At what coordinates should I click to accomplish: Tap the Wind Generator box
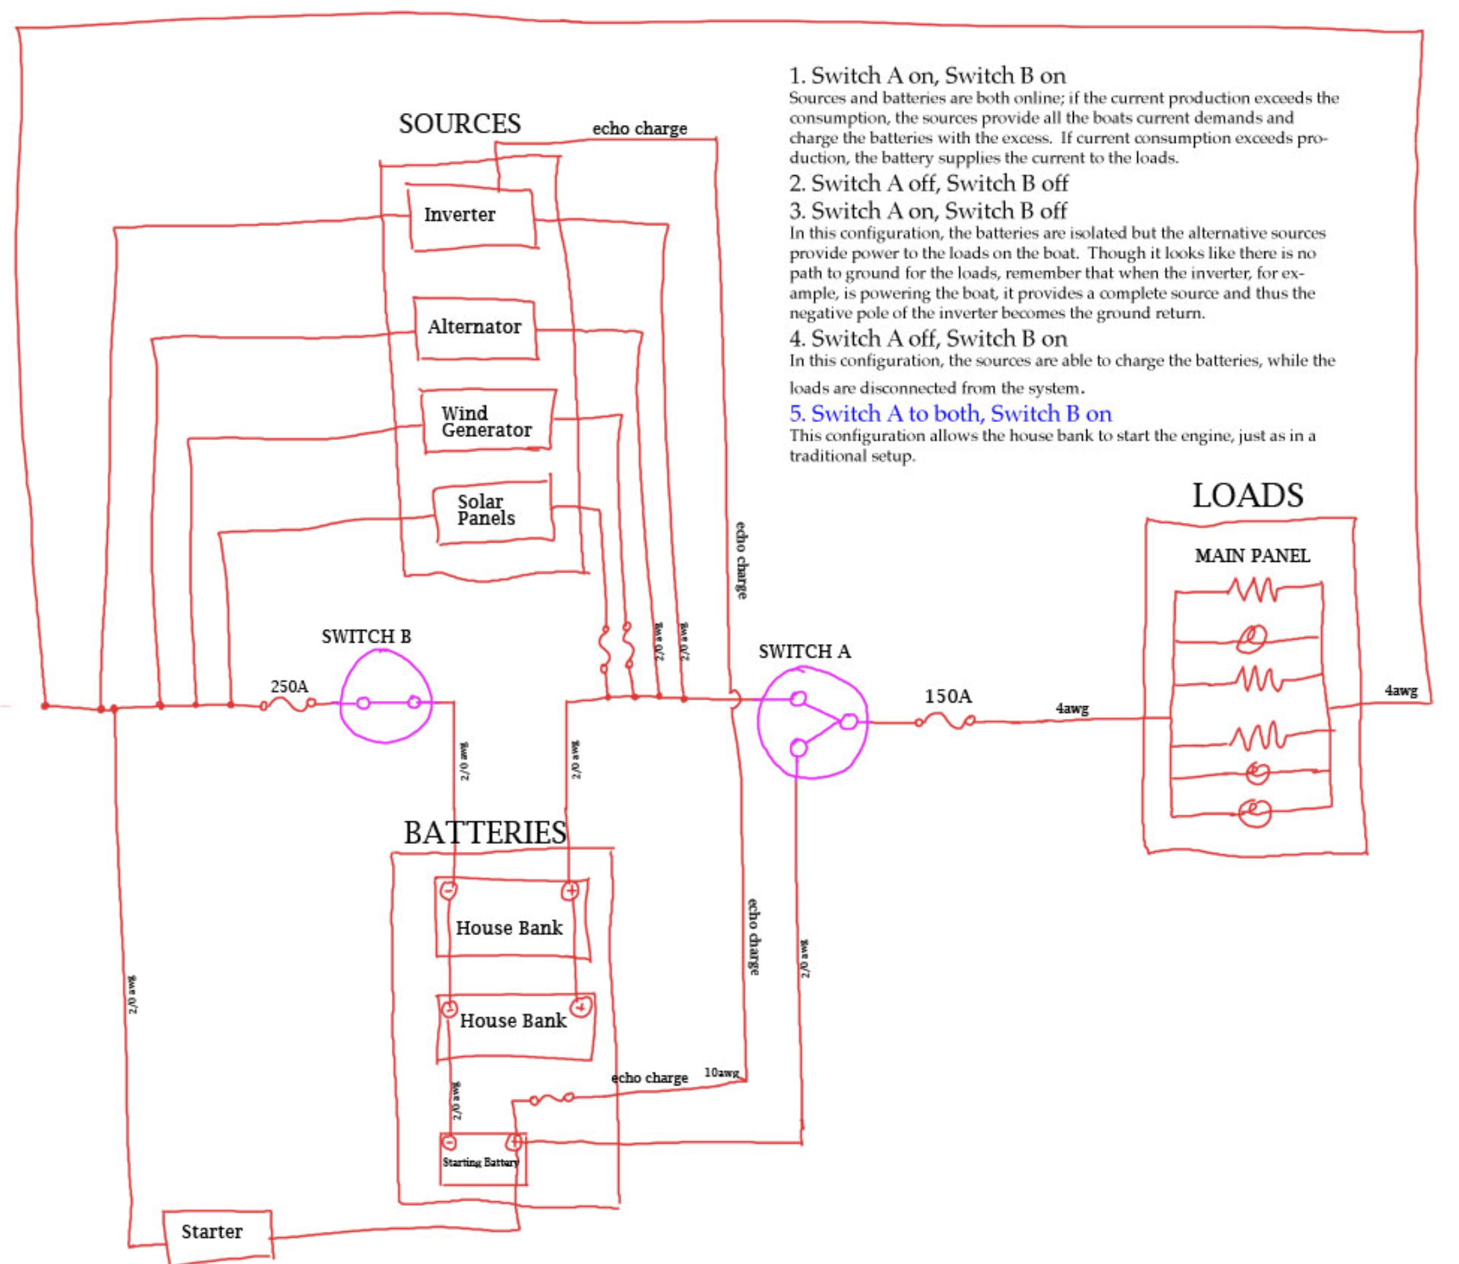[x=487, y=422]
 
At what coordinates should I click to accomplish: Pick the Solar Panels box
[x=492, y=511]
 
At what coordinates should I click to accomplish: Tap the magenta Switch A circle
[x=812, y=724]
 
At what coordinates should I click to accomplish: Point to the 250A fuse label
[x=289, y=686]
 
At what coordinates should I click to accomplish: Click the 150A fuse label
[x=947, y=697]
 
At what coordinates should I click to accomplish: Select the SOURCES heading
[x=460, y=124]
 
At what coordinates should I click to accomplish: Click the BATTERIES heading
[x=485, y=833]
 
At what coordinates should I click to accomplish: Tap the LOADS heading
[x=1247, y=496]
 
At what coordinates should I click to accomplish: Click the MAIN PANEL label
[x=1252, y=556]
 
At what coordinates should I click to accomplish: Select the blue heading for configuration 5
[x=950, y=413]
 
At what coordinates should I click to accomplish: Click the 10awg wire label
[x=721, y=1073]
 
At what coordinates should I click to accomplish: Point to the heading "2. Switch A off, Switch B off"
[x=928, y=183]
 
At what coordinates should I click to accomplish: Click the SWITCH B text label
[x=366, y=637]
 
